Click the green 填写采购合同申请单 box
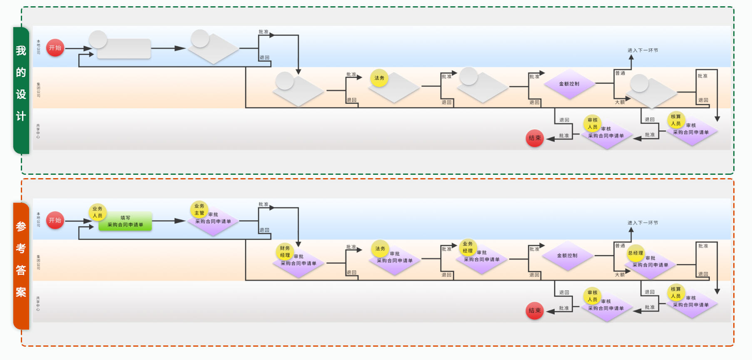click(x=125, y=221)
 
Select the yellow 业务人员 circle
click(x=97, y=212)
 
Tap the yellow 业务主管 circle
click(x=199, y=209)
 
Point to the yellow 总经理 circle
click(x=635, y=253)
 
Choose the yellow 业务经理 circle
click(x=468, y=247)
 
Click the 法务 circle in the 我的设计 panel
click(x=379, y=78)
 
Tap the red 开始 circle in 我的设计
click(x=55, y=48)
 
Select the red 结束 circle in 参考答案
click(x=535, y=310)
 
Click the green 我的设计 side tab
click(x=21, y=90)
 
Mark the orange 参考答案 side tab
click(x=21, y=266)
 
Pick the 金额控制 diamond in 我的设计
click(x=569, y=84)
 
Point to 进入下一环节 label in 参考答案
click(x=642, y=223)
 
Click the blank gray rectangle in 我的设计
click(x=124, y=49)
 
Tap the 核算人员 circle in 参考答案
click(x=676, y=293)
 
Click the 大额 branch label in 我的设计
click(x=620, y=102)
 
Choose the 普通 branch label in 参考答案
click(x=620, y=246)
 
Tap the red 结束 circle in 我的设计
click(x=535, y=138)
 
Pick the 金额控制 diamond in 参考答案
click(x=567, y=256)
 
